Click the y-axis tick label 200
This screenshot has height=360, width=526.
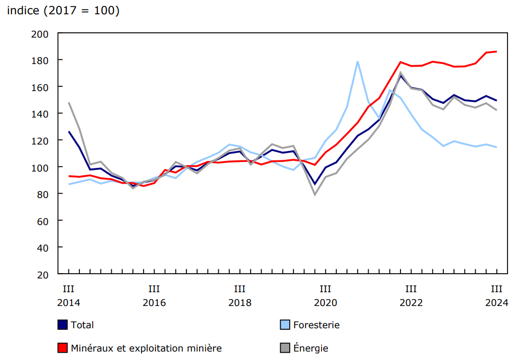click(42, 33)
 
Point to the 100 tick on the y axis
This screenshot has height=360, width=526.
click(42, 167)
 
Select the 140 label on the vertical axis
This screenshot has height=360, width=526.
click(42, 114)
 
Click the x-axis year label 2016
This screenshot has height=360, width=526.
click(154, 303)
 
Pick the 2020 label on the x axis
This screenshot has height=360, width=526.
click(325, 303)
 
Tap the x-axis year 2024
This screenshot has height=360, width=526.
click(496, 303)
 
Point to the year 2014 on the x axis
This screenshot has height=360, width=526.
click(68, 303)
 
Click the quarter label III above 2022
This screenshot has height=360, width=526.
click(411, 289)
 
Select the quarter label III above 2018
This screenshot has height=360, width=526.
click(239, 289)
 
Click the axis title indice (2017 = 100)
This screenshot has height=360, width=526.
click(63, 11)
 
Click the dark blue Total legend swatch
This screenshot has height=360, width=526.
click(63, 325)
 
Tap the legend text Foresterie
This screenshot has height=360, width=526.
click(316, 325)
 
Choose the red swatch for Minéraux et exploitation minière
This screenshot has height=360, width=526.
click(63, 348)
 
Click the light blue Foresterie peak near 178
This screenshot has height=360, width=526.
click(358, 61)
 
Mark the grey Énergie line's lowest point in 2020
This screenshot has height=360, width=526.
click(315, 194)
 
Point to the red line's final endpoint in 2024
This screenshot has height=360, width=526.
click(496, 51)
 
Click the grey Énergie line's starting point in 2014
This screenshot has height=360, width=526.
click(69, 103)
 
